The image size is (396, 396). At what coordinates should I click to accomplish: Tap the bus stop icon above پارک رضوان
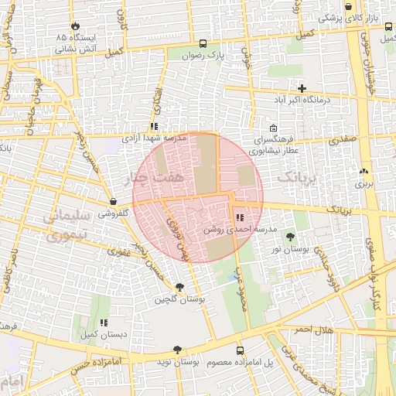[203, 43]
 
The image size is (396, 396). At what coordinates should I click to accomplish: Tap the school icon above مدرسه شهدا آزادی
[154, 126]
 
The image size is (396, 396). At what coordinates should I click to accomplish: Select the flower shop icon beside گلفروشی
[114, 202]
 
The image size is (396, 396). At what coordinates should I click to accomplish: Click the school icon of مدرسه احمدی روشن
[239, 218]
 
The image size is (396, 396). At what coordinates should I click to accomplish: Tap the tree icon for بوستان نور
[290, 237]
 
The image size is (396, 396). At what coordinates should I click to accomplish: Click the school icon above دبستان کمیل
[104, 322]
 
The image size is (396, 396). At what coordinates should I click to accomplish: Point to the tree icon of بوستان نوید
[178, 350]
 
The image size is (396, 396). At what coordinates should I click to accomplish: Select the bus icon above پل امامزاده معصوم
[239, 350]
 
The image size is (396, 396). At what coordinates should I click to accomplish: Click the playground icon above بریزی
[364, 172]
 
